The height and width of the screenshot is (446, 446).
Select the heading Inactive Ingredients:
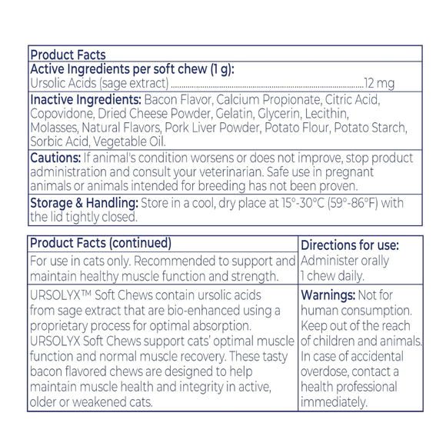point(85,99)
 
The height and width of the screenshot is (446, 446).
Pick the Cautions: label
point(55,158)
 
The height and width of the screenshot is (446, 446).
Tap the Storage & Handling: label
point(84,203)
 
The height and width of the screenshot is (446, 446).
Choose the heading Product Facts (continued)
point(100,244)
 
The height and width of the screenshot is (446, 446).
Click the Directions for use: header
point(350,245)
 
